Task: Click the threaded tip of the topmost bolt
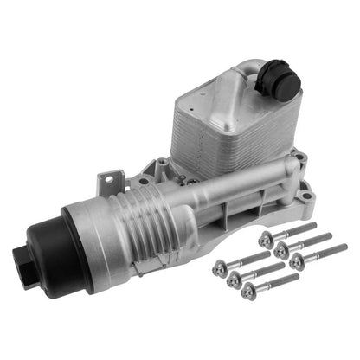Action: pos(316,225)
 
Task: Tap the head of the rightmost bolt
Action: pos(297,262)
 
